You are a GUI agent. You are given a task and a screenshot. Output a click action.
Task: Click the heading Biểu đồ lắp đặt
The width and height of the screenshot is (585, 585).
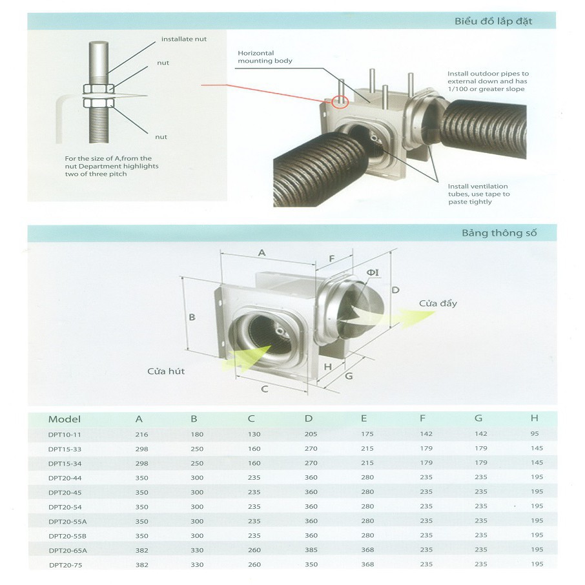[x=493, y=21]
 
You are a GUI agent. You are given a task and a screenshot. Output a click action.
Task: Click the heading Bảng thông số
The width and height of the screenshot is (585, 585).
[x=499, y=233]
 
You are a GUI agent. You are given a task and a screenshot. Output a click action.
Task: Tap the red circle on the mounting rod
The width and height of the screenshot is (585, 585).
[x=340, y=102]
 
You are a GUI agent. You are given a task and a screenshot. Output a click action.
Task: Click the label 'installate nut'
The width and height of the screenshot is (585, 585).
[x=184, y=39]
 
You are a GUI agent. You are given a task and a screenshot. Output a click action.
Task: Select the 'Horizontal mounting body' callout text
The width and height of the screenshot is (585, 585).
[x=265, y=57]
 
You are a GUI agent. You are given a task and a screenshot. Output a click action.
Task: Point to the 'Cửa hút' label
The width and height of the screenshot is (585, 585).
[x=166, y=371]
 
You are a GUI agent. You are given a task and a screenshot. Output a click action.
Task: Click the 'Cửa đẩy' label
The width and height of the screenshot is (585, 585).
[x=438, y=303]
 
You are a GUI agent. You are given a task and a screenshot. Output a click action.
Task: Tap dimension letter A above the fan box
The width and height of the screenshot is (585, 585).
[x=262, y=253]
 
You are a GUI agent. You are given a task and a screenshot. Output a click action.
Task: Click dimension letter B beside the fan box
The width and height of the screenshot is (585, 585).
[x=192, y=317]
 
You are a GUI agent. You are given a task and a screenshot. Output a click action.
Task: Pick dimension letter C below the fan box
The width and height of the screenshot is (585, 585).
[x=265, y=389]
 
